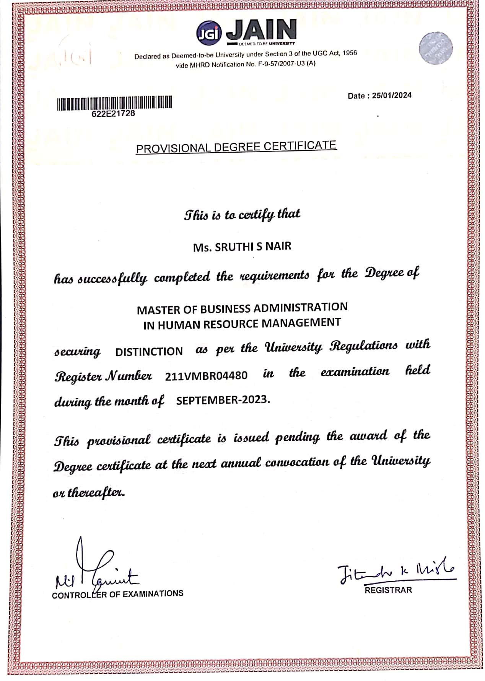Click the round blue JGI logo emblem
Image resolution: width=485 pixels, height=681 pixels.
click(x=208, y=33)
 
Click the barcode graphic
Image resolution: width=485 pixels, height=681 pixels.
click(x=114, y=103)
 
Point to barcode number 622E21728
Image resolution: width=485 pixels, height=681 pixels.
click(x=113, y=114)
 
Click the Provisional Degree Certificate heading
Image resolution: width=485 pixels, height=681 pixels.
click(x=236, y=147)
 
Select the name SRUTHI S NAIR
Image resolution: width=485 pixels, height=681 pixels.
click(x=253, y=246)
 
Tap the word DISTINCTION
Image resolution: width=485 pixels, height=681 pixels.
click(x=149, y=351)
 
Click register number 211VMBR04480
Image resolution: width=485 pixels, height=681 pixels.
click(x=206, y=376)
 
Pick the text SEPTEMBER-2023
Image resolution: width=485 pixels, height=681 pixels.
click(x=223, y=400)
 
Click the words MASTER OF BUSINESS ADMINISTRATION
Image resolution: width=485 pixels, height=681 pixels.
click(x=242, y=308)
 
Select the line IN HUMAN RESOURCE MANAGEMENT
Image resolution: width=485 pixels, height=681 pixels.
click(x=242, y=324)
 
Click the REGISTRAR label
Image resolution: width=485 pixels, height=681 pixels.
click(x=388, y=590)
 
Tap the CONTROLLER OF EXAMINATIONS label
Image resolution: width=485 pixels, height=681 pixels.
click(x=117, y=593)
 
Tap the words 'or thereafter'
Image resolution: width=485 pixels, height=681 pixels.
click(x=89, y=492)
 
